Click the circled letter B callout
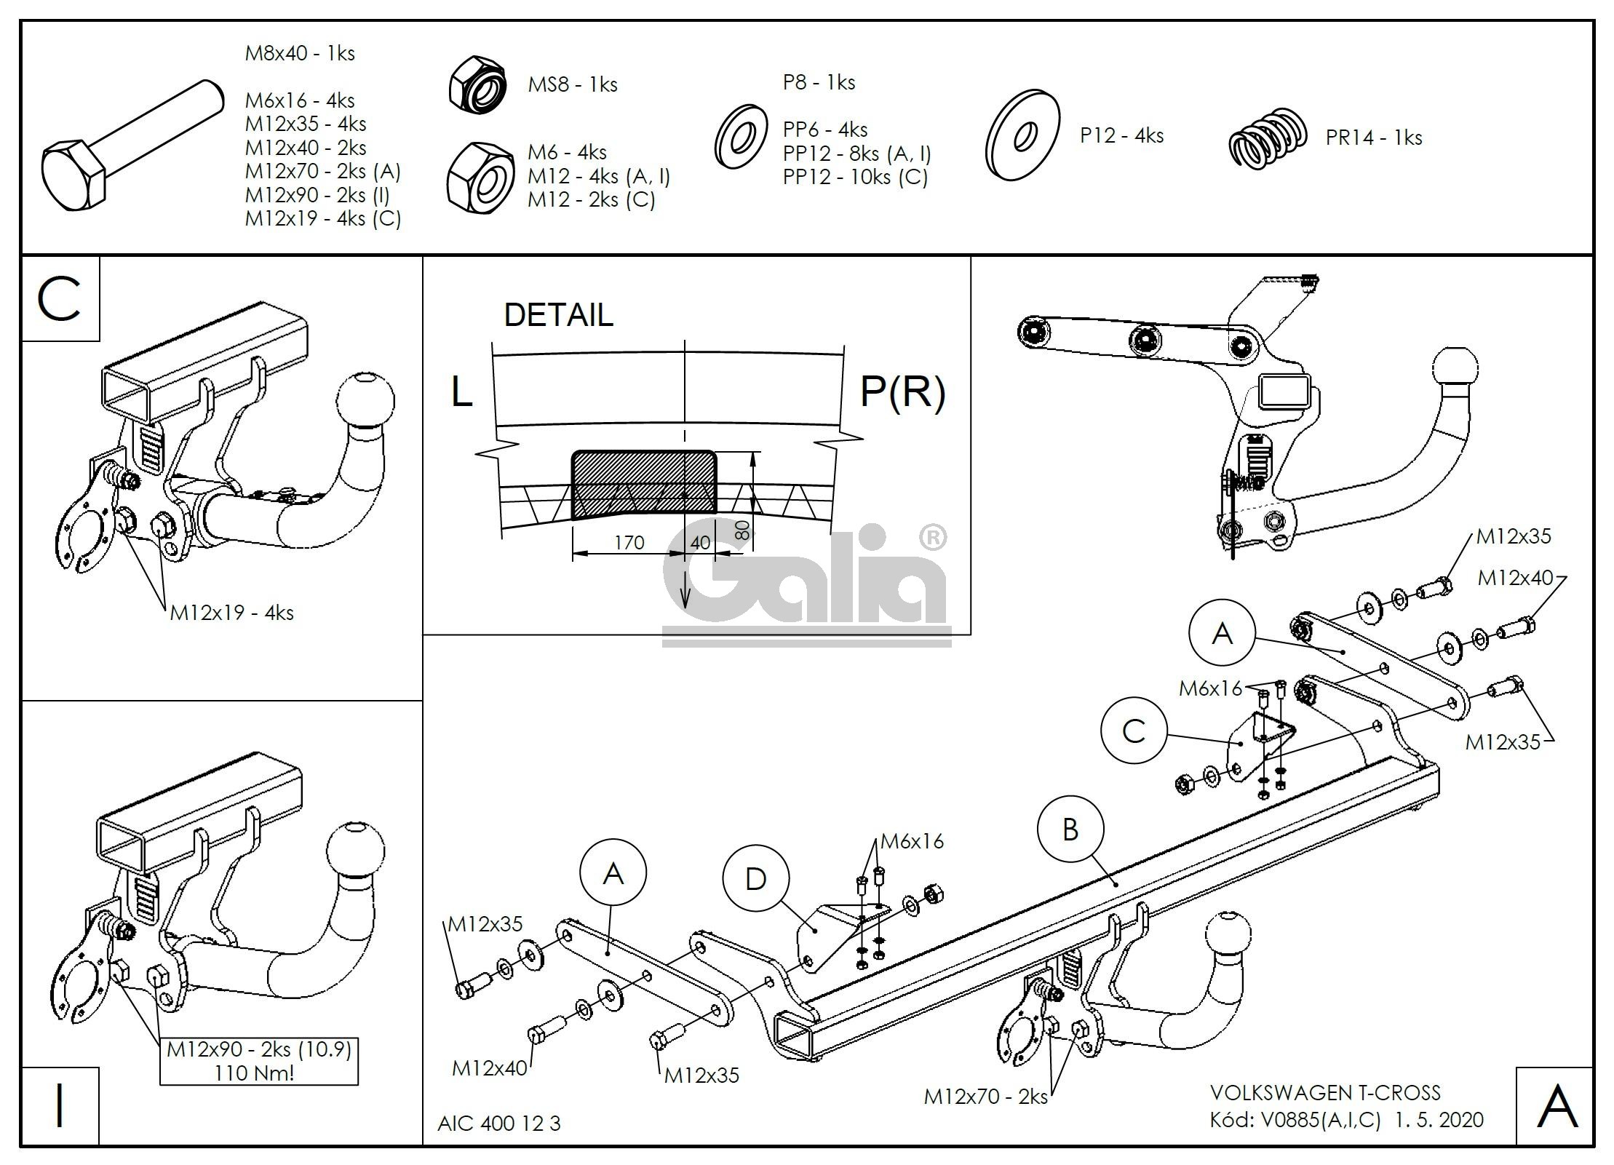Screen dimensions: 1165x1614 (1070, 830)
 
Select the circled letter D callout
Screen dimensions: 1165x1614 (755, 879)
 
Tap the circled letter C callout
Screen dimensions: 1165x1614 (1134, 731)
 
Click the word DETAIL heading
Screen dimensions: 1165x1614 (558, 315)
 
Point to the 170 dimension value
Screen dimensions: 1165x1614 (629, 543)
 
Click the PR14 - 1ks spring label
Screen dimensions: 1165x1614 (1373, 138)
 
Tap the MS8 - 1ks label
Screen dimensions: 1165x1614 (572, 84)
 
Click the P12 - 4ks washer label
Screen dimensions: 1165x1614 (1121, 135)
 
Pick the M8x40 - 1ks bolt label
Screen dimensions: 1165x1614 (300, 53)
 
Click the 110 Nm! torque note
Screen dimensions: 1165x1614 (254, 1073)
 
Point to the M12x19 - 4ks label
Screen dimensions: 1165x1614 (231, 613)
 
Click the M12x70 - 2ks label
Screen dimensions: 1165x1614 (985, 1096)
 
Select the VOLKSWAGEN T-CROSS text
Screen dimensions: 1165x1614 (1324, 1092)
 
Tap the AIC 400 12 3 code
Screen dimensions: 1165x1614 (499, 1123)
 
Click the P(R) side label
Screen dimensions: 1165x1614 (902, 391)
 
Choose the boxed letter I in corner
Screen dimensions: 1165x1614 (60, 1105)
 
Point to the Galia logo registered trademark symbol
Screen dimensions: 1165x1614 (933, 538)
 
